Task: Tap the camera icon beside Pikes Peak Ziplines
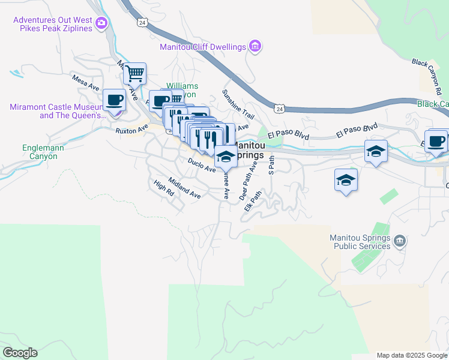(101, 24)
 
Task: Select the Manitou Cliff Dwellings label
(203, 47)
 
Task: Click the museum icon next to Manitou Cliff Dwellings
(255, 46)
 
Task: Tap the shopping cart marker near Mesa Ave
(135, 74)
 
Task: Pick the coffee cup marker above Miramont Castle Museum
(113, 100)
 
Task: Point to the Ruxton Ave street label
(132, 129)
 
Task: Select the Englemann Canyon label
(40, 152)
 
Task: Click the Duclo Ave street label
(201, 166)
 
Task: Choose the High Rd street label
(163, 189)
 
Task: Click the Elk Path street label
(253, 201)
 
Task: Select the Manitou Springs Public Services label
(360, 241)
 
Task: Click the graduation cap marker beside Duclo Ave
(226, 157)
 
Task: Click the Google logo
(20, 353)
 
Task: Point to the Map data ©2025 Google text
(411, 355)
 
